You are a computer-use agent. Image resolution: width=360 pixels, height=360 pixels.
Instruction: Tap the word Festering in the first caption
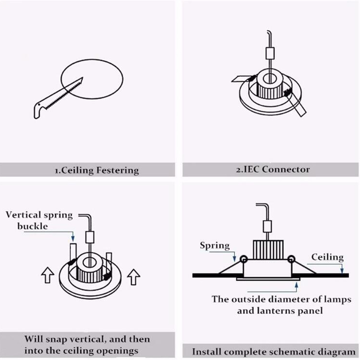point(118,170)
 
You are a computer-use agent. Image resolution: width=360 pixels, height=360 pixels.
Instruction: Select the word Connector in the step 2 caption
point(286,169)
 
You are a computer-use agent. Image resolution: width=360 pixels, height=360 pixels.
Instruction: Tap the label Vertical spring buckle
point(39,221)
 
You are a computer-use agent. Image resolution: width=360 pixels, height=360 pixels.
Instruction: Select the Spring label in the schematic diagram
point(215,246)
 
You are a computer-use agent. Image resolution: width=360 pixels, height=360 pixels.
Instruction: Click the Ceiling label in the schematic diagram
point(327,257)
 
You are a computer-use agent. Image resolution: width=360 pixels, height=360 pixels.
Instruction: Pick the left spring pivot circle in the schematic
point(243,259)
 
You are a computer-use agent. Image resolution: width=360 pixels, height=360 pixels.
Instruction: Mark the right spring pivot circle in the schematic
point(291,259)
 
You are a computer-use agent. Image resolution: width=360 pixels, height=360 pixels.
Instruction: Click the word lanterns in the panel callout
point(282,310)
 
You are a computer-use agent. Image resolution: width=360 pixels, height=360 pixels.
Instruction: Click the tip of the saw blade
point(83,78)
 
